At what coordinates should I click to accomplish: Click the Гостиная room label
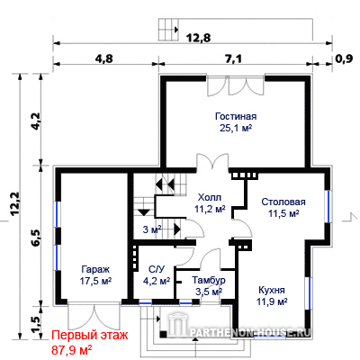click(x=236, y=116)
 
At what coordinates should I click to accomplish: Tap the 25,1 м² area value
click(x=236, y=128)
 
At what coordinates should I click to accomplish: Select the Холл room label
click(x=210, y=197)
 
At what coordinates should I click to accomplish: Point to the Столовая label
click(x=283, y=202)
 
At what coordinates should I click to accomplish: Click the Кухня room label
click(x=272, y=290)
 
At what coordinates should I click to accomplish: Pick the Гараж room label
click(x=95, y=269)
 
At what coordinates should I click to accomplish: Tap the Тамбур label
click(x=209, y=280)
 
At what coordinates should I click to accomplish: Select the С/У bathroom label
click(x=157, y=270)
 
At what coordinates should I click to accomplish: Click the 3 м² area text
click(x=152, y=229)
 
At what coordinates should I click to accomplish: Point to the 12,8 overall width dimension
click(x=199, y=38)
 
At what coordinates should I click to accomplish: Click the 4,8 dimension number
click(x=104, y=58)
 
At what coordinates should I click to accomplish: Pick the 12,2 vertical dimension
click(x=14, y=203)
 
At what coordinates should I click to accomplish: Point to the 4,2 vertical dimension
click(x=35, y=121)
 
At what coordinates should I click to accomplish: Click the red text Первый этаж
click(x=90, y=335)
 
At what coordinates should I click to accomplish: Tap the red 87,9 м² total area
click(x=72, y=349)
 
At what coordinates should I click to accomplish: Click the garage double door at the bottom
click(x=94, y=318)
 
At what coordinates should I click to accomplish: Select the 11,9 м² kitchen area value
click(x=272, y=301)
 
